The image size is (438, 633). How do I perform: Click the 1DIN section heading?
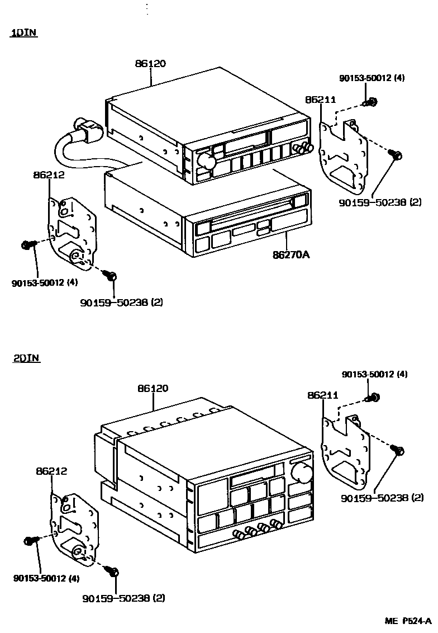pos(23,33)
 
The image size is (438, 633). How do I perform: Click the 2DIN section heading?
pos(26,358)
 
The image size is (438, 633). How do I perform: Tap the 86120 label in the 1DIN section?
pos(150,64)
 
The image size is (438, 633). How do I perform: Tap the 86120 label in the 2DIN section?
pos(153,388)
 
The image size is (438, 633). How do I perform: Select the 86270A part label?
pos(291,255)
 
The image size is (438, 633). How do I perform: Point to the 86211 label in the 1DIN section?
pos(320,100)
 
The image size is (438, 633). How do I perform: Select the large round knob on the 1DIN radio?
pos(207,162)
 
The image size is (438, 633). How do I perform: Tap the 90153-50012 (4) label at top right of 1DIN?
pos(372,78)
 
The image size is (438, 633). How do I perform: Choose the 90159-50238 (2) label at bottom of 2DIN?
pos(123,598)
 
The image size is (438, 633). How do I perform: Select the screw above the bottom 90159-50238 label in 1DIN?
pos(111,276)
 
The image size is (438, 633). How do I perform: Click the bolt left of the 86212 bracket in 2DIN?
pos(30,541)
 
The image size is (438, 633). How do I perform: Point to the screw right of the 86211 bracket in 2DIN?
pos(398,450)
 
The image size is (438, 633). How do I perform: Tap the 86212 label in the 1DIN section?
pos(49,174)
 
